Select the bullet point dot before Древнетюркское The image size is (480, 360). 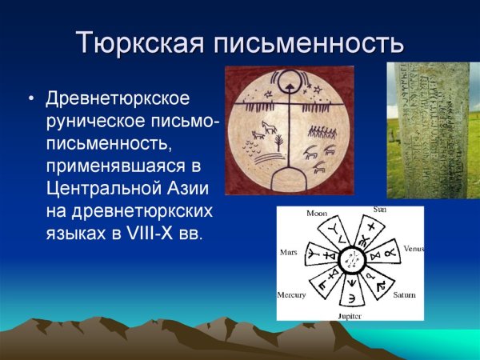[x=31, y=100]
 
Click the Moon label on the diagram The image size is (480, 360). [x=318, y=214]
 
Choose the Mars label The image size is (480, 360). [x=288, y=251]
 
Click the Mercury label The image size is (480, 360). [x=292, y=294]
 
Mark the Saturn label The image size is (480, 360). [x=404, y=294]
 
